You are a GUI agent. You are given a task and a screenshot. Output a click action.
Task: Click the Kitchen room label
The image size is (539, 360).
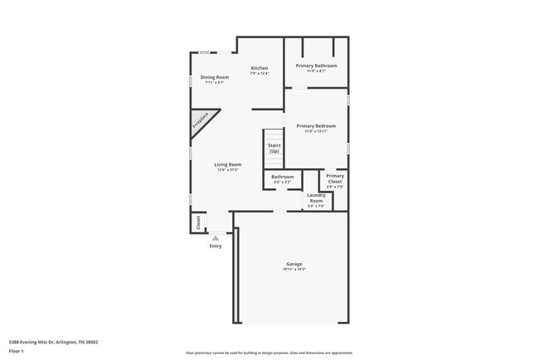click(x=260, y=68)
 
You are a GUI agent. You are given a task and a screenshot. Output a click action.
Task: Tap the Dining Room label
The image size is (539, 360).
click(x=215, y=77)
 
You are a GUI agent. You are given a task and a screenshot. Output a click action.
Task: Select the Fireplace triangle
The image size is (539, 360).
click(x=202, y=122)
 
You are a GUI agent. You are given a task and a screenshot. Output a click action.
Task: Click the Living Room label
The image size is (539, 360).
click(x=228, y=164)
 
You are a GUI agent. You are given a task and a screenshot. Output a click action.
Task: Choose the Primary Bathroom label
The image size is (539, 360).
click(x=316, y=65)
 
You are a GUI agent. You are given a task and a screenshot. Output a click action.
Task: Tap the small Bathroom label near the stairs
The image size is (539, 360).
click(x=283, y=177)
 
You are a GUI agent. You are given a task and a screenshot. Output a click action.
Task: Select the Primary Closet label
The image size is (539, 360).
click(x=335, y=178)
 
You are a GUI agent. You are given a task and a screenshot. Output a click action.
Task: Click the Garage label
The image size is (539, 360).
click(x=294, y=264)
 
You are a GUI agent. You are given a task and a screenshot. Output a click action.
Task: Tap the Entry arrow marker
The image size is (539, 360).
click(x=216, y=238)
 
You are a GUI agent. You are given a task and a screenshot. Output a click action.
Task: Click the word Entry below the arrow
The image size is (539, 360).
click(x=216, y=246)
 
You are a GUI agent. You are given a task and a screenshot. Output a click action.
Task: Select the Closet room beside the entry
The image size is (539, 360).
click(x=198, y=222)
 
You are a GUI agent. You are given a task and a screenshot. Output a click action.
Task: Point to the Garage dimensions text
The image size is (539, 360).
click(x=294, y=270)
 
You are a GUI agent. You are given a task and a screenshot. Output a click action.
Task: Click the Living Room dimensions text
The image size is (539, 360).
click(x=228, y=170)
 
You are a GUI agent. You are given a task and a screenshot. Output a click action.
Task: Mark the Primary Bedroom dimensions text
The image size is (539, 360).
click(x=316, y=131)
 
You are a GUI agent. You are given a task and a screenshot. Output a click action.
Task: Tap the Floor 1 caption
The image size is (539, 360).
click(x=17, y=351)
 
